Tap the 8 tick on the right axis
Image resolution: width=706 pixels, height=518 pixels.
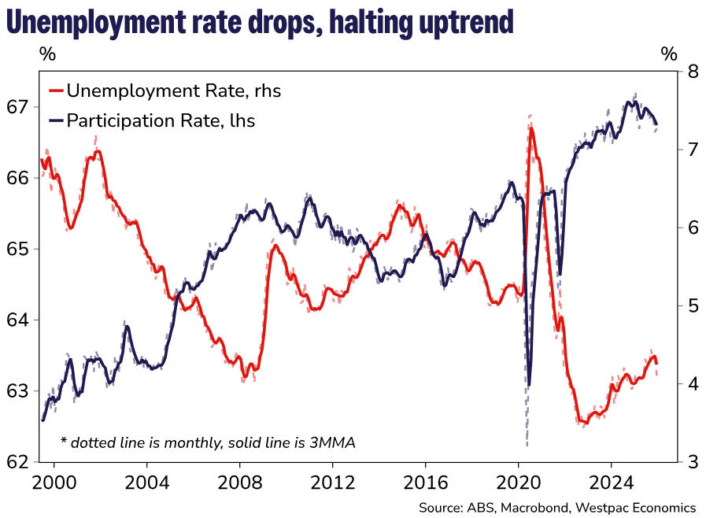(x=693, y=72)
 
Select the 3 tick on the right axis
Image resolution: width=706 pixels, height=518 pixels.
(x=693, y=462)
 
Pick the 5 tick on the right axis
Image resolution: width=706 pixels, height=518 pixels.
(x=693, y=305)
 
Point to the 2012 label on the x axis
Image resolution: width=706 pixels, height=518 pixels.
(x=333, y=480)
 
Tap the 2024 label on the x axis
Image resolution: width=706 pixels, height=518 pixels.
(x=612, y=480)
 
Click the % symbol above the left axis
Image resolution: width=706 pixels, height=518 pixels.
(x=47, y=54)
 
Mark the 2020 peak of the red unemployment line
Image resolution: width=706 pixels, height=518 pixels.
(x=531, y=128)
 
